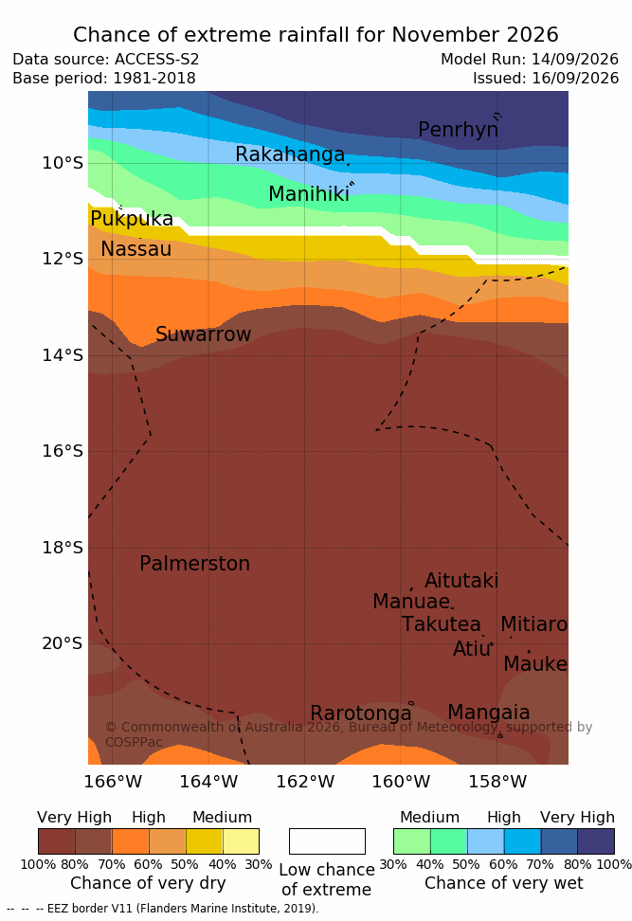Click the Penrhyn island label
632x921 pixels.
pyautogui.click(x=459, y=129)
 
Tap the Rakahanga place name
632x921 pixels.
pyautogui.click(x=290, y=153)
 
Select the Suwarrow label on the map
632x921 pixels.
pyautogui.click(x=203, y=334)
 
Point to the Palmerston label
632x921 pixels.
pyautogui.click(x=195, y=564)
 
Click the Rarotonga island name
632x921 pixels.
pyautogui.click(x=361, y=713)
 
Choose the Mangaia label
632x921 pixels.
pyautogui.click(x=489, y=713)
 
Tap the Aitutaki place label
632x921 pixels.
pyautogui.click(x=461, y=580)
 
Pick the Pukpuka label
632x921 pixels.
pyautogui.click(x=132, y=219)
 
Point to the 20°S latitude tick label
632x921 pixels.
pyautogui.click(x=63, y=643)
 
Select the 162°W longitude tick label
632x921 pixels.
pyautogui.click(x=305, y=782)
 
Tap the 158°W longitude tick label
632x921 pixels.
pyautogui.click(x=497, y=782)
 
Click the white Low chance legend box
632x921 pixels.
pyautogui.click(x=327, y=841)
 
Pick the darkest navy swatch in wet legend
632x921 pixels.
pyautogui.click(x=596, y=841)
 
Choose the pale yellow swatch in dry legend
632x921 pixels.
pyautogui.click(x=241, y=841)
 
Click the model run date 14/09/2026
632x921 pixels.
pyautogui.click(x=575, y=60)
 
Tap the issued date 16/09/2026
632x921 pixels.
pyautogui.click(x=575, y=78)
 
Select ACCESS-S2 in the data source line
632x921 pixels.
pyautogui.click(x=157, y=60)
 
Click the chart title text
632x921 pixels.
pyautogui.click(x=316, y=35)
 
